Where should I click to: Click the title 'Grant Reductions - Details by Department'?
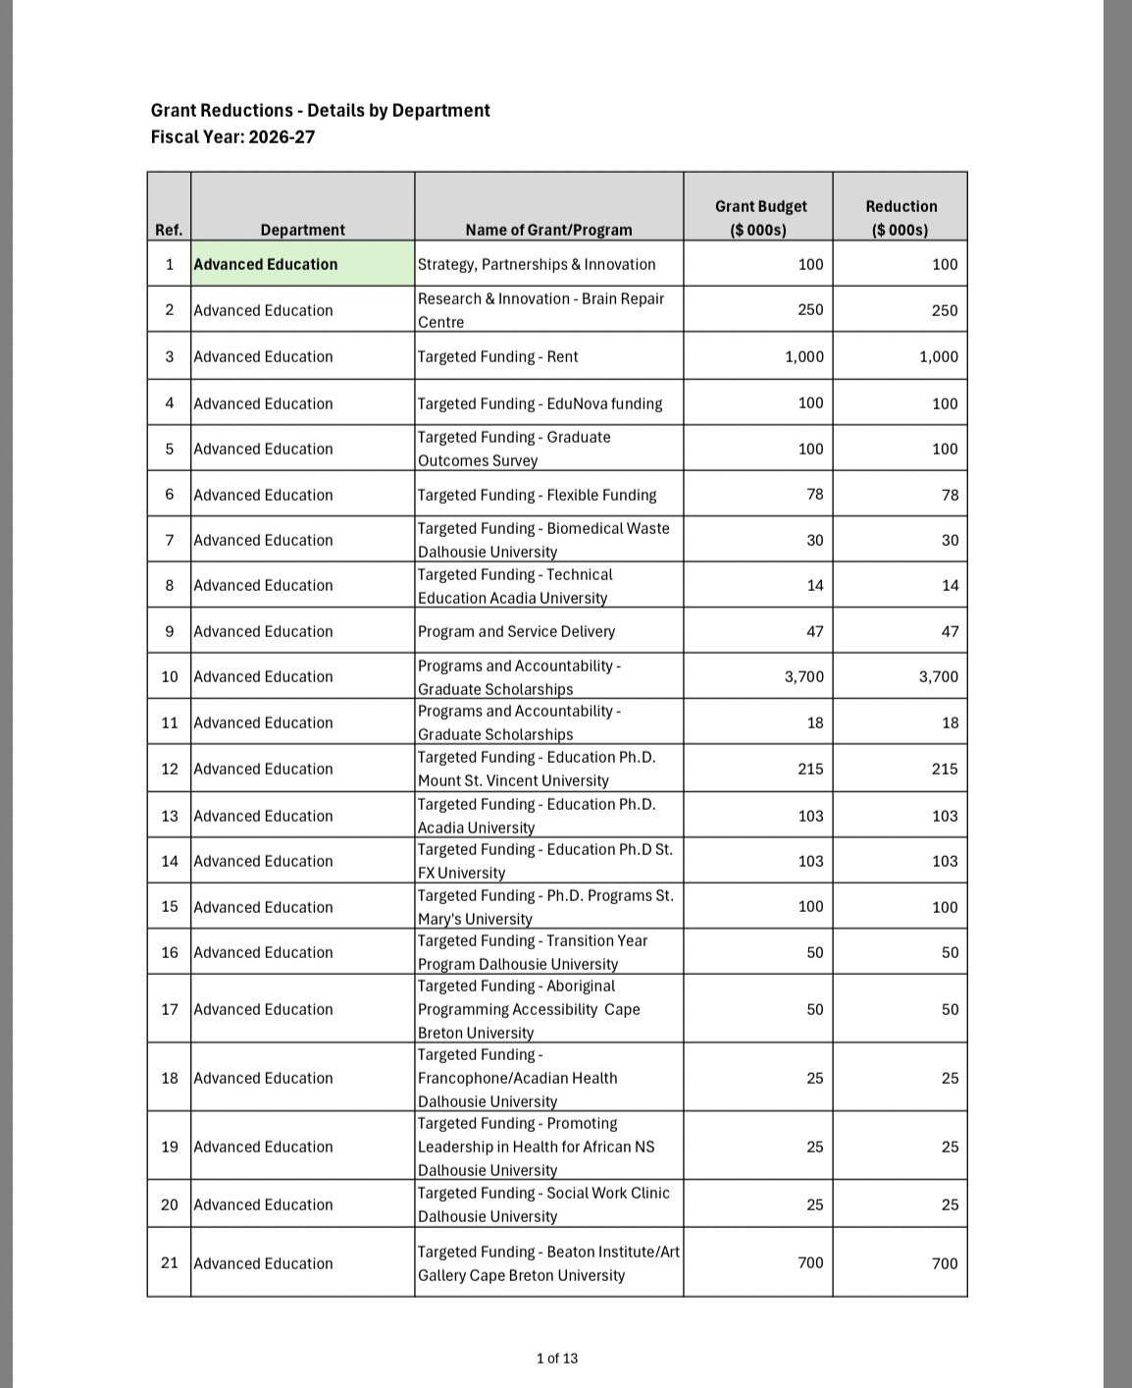point(320,111)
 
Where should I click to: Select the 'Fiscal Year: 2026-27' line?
point(232,136)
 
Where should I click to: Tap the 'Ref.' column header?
point(169,230)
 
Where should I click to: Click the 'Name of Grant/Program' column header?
point(548,230)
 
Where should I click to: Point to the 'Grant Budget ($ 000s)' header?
point(760,218)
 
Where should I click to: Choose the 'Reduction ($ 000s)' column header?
point(900,218)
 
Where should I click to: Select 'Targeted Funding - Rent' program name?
point(497,356)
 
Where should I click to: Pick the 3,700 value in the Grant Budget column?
point(803,676)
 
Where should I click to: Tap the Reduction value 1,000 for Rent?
point(938,356)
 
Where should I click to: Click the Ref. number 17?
point(170,1009)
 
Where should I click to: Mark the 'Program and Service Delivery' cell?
point(516,631)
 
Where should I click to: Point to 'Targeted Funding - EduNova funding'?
point(540,403)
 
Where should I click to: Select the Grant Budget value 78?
point(814,495)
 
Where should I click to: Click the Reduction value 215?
point(944,769)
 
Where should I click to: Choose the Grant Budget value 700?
point(810,1262)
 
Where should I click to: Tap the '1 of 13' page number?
point(557,1359)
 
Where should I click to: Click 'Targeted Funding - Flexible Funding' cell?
point(537,495)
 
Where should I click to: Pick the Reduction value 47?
point(950,631)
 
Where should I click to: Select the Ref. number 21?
point(170,1262)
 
